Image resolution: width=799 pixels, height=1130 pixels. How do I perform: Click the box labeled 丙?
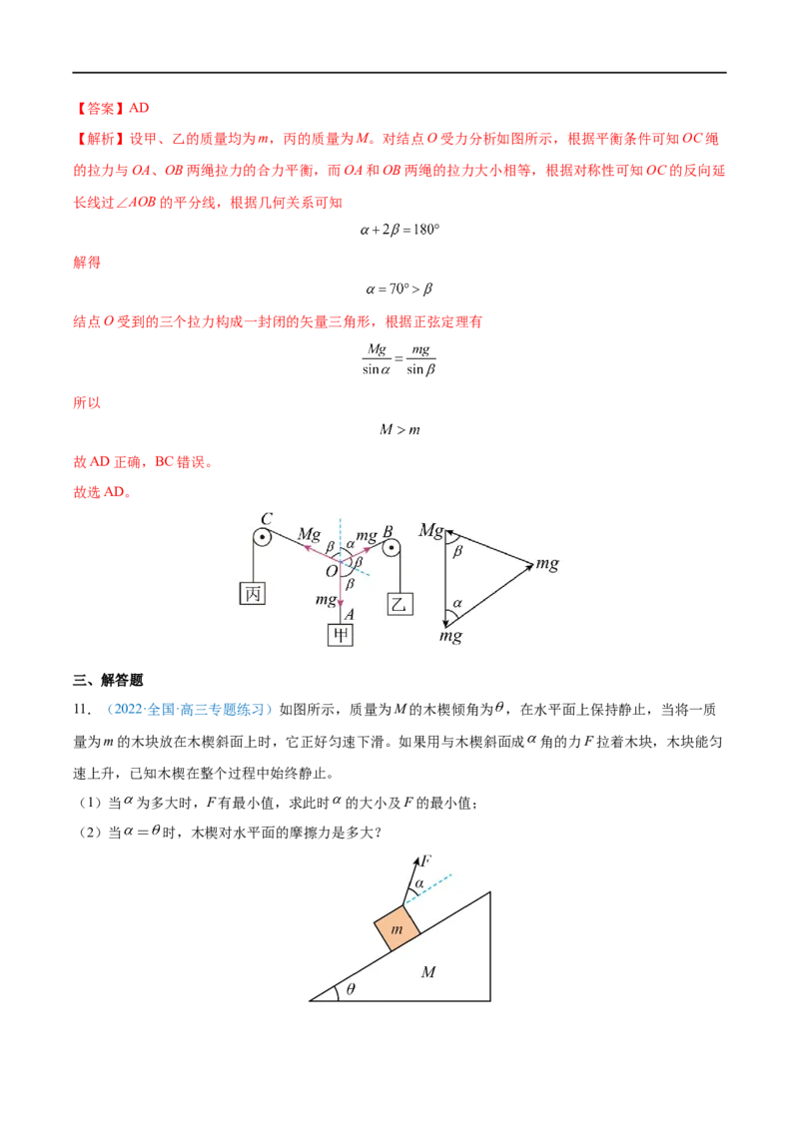coord(253,593)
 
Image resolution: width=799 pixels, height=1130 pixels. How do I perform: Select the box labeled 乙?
coord(399,603)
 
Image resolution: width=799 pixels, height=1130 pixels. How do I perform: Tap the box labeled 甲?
coord(341,634)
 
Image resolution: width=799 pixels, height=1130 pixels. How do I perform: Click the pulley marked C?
coord(263,538)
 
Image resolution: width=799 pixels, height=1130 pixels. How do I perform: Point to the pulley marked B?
coord(392,548)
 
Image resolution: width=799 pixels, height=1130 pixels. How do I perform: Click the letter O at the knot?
coord(332,571)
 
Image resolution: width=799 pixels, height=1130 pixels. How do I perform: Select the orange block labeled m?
coord(397,927)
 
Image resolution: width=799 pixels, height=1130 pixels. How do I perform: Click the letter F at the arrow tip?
coord(426,860)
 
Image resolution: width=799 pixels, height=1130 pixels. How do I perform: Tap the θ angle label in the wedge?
coord(351,988)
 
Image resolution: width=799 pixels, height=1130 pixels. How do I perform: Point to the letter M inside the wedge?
coord(428,972)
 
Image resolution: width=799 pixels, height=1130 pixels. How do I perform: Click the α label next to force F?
coord(418,882)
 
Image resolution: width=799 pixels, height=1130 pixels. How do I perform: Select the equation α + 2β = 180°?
coord(399,230)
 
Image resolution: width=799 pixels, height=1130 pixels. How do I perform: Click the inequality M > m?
coord(399,429)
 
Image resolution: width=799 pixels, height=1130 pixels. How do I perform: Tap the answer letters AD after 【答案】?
coord(139,108)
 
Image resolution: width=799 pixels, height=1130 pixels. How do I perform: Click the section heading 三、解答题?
coord(108,680)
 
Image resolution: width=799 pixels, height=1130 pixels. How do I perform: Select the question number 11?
coord(82,710)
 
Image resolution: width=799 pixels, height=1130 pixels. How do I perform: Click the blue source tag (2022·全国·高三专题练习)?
coord(190,710)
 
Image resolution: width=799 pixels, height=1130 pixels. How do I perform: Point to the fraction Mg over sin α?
coord(377,359)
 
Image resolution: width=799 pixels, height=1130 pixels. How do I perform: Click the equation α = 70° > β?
coord(399,289)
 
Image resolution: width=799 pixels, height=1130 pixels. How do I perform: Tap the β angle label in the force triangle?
coord(457,551)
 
